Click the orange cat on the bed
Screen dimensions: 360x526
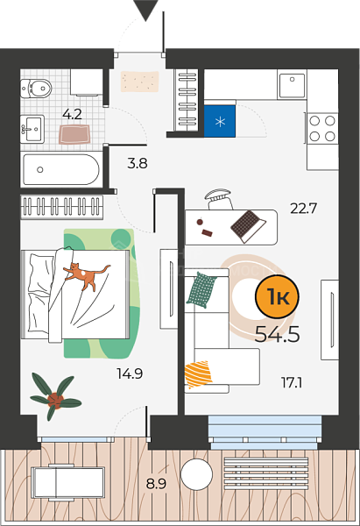coord(87,276)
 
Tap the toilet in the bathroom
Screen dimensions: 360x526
coord(36,89)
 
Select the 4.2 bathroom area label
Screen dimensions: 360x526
coord(72,114)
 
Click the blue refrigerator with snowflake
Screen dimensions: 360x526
coord(220,121)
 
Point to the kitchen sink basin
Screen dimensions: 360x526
coord(292,84)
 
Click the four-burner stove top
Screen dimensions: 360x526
coord(322,128)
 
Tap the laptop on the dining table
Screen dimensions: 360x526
coord(248,226)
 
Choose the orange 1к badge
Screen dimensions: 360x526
coord(277,296)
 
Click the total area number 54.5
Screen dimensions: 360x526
coord(277,334)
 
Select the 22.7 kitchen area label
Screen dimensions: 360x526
coord(303,209)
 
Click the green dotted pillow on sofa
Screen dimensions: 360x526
coord(201,290)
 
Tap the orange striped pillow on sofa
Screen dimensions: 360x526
coord(198,374)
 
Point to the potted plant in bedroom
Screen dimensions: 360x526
coord(55,396)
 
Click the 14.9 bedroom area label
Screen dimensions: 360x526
coord(130,373)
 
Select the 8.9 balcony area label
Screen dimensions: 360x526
coord(156,484)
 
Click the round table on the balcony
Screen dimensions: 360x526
coord(197,474)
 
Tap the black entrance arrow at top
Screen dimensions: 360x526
coord(145,10)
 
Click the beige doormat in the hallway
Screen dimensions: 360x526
coord(139,82)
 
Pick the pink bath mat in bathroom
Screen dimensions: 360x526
coord(74,134)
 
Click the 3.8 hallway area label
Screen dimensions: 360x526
coord(138,163)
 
